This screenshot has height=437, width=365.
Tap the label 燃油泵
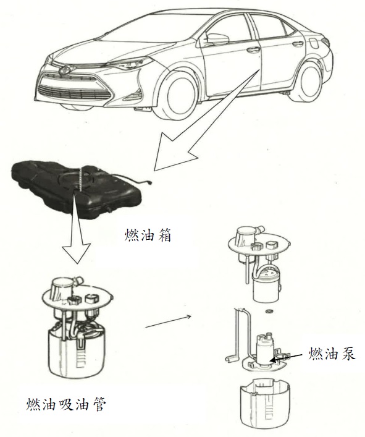(x=331, y=354)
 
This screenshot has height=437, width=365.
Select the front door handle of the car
(x=252, y=51)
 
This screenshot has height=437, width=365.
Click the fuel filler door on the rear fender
(x=315, y=43)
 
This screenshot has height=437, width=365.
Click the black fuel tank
(x=77, y=187)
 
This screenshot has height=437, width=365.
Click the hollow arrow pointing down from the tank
(x=77, y=229)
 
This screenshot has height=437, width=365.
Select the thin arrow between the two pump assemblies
(x=168, y=321)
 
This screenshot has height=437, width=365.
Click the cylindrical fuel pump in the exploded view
(x=265, y=349)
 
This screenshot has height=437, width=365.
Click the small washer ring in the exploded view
(x=269, y=311)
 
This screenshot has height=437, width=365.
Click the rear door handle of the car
(x=297, y=43)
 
